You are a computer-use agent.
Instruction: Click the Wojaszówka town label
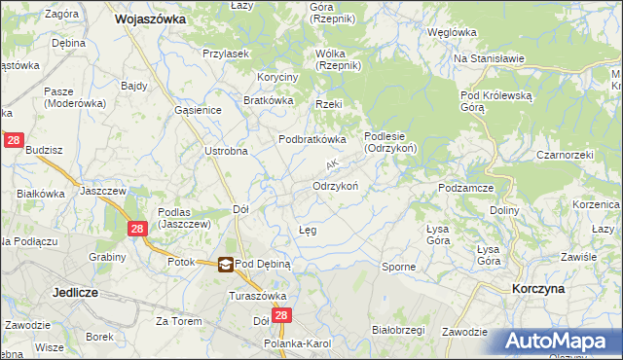pyautogui.click(x=150, y=18)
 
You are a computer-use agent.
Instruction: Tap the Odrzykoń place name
pyautogui.click(x=337, y=186)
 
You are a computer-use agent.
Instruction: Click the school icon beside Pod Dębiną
pyautogui.click(x=226, y=263)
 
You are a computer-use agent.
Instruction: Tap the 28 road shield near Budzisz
pyautogui.click(x=14, y=141)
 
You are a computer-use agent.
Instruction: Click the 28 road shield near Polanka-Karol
pyautogui.click(x=282, y=316)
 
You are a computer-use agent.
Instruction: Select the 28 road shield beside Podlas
pyautogui.click(x=137, y=228)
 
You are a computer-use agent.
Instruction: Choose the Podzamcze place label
pyautogui.click(x=468, y=188)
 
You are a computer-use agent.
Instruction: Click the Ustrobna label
pyautogui.click(x=226, y=151)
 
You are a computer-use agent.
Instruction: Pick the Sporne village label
pyautogui.click(x=398, y=267)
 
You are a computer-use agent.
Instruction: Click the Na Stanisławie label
pyautogui.click(x=490, y=58)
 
